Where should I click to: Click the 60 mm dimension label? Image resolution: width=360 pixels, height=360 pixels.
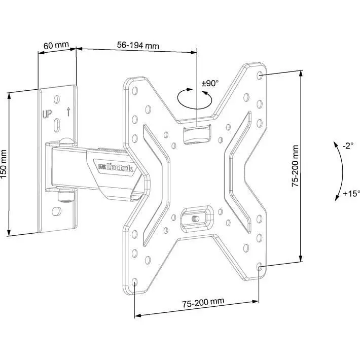(x=56, y=45)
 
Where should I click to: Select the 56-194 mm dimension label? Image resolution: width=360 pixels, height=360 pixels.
(x=138, y=45)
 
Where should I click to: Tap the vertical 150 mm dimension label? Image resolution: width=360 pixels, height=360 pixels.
(x=4, y=164)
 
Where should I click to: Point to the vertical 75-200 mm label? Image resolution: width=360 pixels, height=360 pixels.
(x=295, y=166)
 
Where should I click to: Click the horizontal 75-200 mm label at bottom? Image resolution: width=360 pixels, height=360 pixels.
(x=203, y=302)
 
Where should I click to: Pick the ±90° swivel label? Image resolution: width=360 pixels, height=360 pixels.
(x=210, y=83)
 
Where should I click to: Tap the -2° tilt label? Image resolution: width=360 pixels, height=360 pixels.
(x=348, y=146)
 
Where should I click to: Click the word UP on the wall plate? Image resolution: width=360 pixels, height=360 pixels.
(x=47, y=114)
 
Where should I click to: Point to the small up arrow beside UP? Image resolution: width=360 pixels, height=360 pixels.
(x=68, y=111)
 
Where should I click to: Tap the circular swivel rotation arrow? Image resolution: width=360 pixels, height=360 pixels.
(x=195, y=99)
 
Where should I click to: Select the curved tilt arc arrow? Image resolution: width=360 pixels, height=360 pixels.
(x=340, y=171)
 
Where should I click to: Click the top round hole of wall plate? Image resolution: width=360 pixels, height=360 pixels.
(x=56, y=99)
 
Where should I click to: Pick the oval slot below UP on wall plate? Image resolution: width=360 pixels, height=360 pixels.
(x=56, y=125)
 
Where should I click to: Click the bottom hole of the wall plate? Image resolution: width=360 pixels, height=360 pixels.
(x=56, y=211)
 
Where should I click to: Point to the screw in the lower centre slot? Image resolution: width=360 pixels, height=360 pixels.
(x=195, y=219)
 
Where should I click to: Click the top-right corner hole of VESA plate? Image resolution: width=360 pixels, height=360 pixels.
(x=260, y=75)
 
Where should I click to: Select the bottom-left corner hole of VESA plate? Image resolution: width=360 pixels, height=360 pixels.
(x=135, y=282)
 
